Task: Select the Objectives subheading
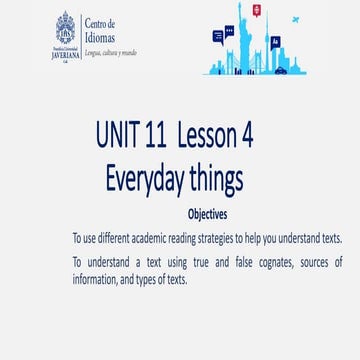click(207, 215)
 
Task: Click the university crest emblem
click(67, 30)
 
